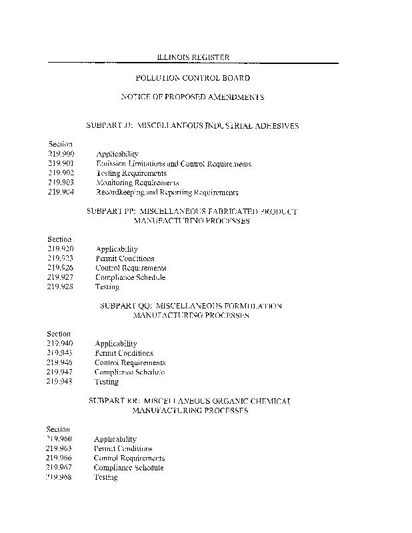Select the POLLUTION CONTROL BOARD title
click(x=193, y=78)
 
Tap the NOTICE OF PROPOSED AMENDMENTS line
click(x=193, y=97)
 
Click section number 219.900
click(x=61, y=154)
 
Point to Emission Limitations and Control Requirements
click(x=173, y=163)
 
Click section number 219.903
click(x=61, y=183)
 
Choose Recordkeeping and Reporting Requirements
click(x=167, y=193)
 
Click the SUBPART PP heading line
click(x=192, y=211)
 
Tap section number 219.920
click(x=60, y=249)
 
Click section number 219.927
click(x=60, y=277)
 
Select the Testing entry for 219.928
click(x=107, y=287)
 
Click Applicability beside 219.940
click(x=116, y=344)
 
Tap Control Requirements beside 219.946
click(x=130, y=362)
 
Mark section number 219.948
click(x=60, y=382)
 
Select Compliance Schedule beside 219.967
click(x=129, y=468)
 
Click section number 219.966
click(x=59, y=458)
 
